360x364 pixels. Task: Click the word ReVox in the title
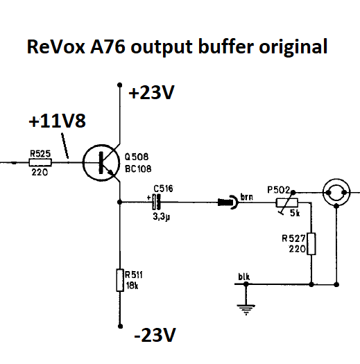(56, 46)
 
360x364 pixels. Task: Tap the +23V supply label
(151, 92)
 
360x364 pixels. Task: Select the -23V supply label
(155, 335)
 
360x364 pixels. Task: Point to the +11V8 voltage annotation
(57, 121)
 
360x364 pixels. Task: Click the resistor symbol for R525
(40, 162)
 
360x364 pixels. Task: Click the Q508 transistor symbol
(101, 162)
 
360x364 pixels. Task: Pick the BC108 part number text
(138, 168)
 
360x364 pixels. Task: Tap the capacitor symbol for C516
(156, 202)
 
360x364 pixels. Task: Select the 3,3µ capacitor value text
(162, 216)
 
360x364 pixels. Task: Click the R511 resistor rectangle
(120, 280)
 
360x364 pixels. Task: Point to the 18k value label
(132, 286)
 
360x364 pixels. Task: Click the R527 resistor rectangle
(311, 244)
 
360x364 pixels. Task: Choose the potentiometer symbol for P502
(287, 202)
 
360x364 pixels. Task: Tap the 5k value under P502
(295, 213)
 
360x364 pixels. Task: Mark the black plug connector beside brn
(228, 202)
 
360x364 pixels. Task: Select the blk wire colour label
(244, 277)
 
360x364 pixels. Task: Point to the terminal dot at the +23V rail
(120, 85)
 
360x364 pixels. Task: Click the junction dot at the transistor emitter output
(119, 202)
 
